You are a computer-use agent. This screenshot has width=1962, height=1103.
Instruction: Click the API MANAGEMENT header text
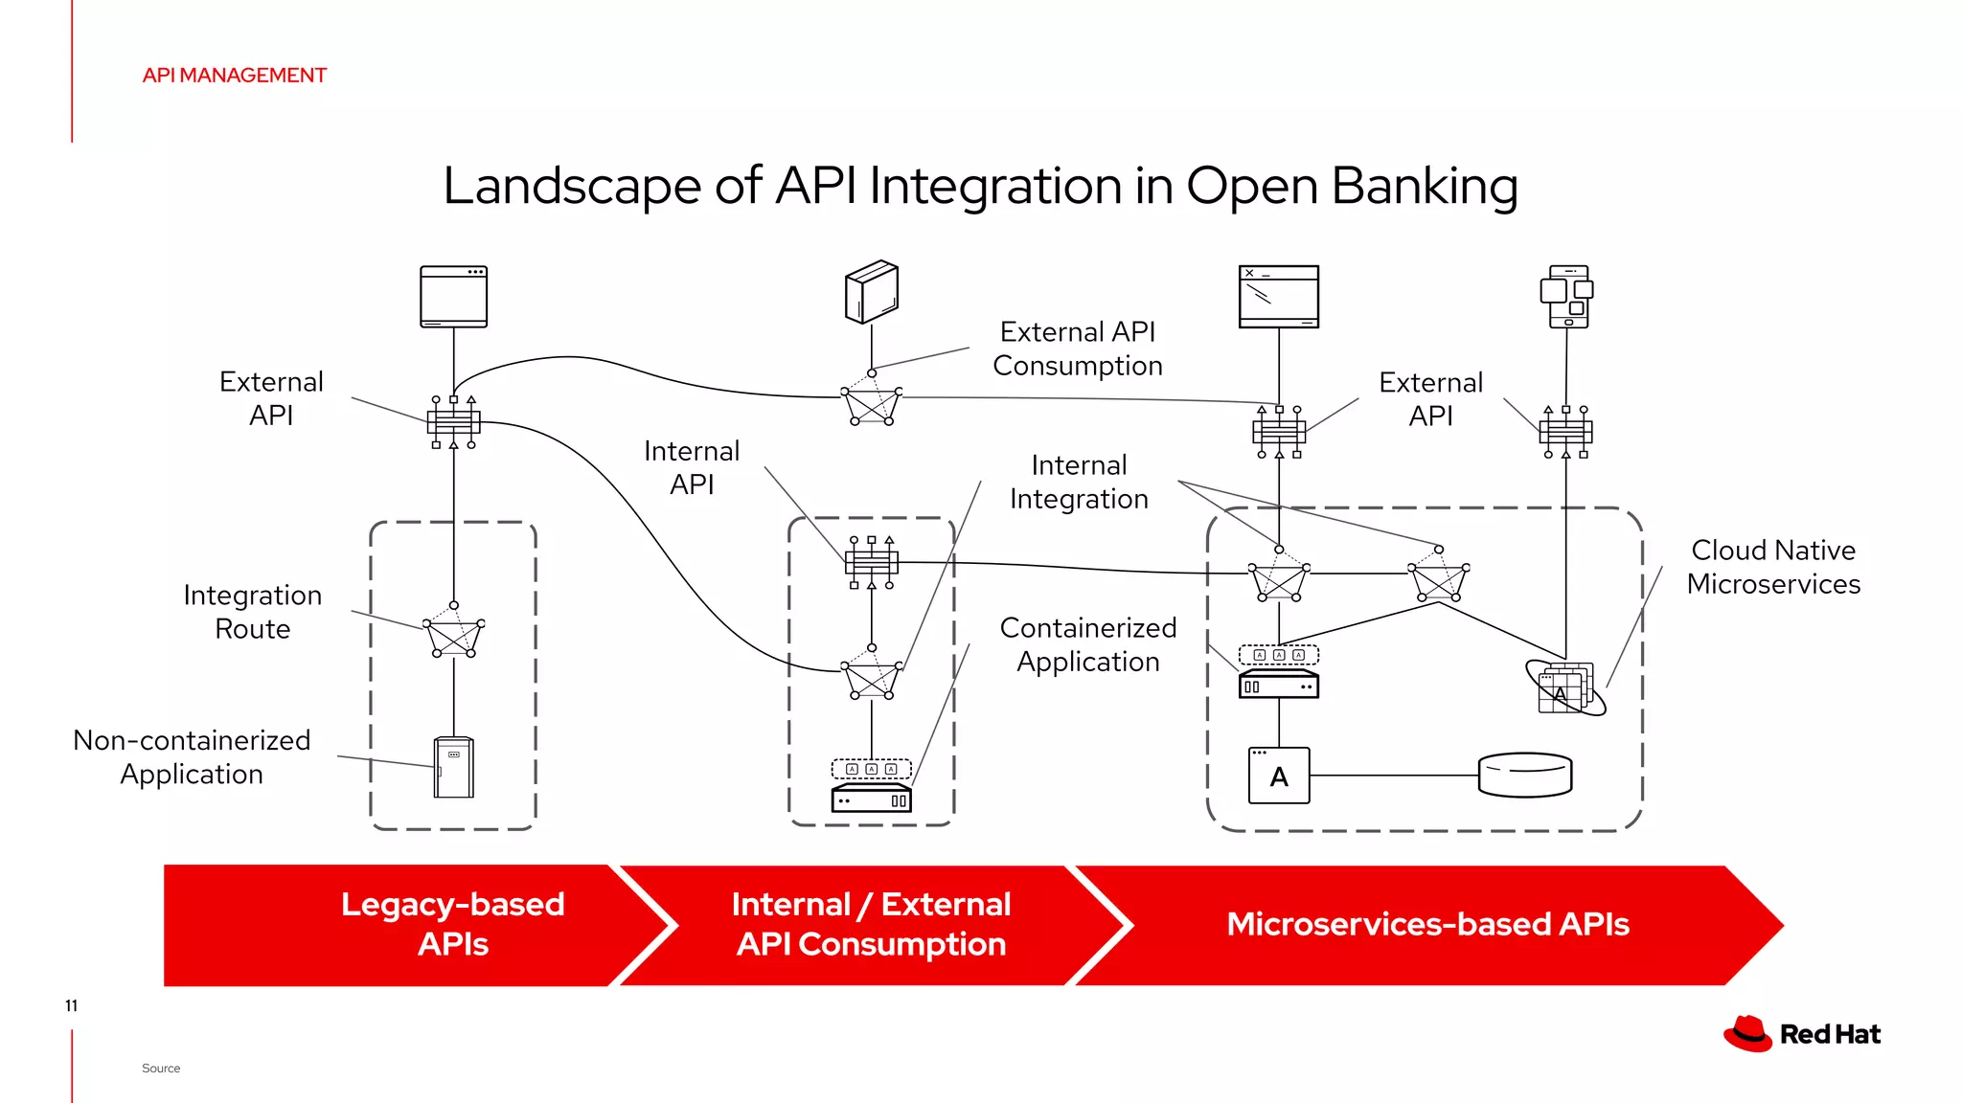coord(234,76)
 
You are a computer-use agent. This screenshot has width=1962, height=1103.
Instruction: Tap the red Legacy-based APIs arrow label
coord(452,924)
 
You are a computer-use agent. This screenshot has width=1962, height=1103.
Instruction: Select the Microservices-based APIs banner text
coord(1427,924)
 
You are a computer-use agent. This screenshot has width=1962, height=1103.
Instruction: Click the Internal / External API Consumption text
coord(871,924)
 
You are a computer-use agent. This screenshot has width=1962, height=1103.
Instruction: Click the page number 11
coord(71,1005)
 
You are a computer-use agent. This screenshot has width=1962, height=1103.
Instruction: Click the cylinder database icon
coord(1524,775)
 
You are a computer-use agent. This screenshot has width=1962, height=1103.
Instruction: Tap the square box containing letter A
coord(1279,776)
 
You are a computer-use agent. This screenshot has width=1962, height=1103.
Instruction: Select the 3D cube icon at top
coord(871,292)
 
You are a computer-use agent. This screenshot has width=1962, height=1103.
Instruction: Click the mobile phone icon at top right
coord(1567,297)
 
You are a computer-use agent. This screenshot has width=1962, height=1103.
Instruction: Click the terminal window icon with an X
coord(1278,297)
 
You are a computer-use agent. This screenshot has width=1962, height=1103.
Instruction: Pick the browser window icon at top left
coord(453,297)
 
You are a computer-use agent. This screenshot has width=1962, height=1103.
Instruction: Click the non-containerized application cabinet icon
coord(453,767)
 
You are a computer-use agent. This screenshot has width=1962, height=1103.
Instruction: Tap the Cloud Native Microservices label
coord(1772,567)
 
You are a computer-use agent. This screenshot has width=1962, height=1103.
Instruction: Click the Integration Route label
coord(252,612)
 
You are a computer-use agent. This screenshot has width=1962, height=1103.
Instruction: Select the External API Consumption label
coord(1077,349)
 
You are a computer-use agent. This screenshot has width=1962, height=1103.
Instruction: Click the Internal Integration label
coord(1079,482)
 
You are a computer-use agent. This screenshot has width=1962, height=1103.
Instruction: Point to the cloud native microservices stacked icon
coord(1564,687)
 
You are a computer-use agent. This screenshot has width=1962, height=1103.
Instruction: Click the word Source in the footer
coord(160,1069)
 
